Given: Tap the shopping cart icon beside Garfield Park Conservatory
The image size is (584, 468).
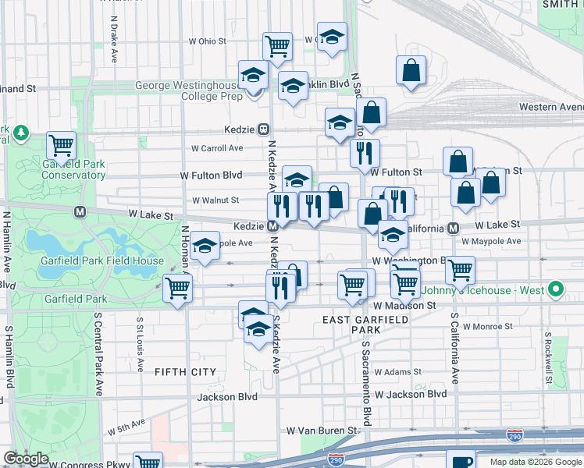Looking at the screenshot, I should point(61,145).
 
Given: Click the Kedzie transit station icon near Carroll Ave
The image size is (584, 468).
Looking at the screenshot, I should point(264,129).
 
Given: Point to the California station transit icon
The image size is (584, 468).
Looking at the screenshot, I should point(453,228).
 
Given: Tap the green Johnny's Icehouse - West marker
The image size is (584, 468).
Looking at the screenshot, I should point(555,290).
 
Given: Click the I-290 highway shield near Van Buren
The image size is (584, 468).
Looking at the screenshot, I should point(515,432).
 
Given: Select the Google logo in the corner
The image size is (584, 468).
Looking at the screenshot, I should point(26,459).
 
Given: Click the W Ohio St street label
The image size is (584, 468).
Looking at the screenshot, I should point(207,41).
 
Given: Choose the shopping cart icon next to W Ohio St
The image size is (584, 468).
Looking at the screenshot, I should point(277,46).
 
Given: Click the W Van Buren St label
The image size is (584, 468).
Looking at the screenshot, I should point(322,430).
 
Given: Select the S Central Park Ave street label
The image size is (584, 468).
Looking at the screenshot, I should point(99,355).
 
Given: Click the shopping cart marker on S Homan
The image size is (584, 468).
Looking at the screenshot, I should point(178,287).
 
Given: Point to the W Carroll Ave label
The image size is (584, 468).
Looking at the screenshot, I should point(217,147).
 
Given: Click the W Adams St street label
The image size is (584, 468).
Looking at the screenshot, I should point(397,372).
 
